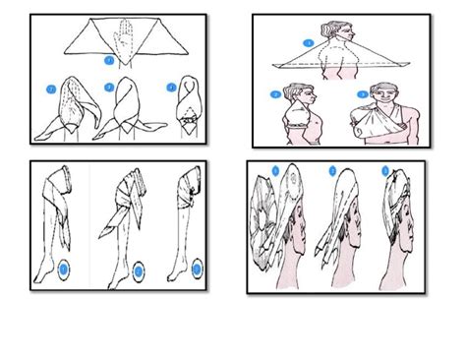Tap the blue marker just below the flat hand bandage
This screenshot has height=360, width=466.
pyautogui.click(x=109, y=60)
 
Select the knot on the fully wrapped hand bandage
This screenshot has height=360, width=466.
pyautogui.click(x=186, y=123)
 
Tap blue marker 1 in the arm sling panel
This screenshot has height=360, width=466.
pyautogui.click(x=308, y=44)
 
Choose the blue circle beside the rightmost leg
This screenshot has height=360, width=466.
pyautogui.click(x=200, y=267)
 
